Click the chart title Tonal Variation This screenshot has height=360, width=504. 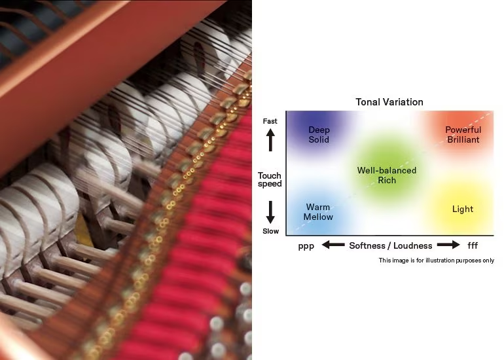[389, 102]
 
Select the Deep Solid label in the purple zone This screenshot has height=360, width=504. [319, 135]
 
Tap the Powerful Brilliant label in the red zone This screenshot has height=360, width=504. [463, 135]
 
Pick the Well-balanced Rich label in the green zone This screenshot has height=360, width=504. [387, 175]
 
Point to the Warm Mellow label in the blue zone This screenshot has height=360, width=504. [318, 212]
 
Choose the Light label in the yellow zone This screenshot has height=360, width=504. [463, 209]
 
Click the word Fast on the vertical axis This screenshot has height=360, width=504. [270, 121]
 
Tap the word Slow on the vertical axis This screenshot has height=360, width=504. [270, 231]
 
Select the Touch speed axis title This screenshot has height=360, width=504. [270, 180]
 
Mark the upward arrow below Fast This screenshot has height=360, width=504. [270, 140]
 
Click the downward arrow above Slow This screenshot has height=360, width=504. [270, 212]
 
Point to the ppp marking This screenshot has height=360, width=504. [306, 246]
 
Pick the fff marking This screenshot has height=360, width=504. [473, 245]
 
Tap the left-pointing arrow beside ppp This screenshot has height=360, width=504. [333, 245]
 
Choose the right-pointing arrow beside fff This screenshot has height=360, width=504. [448, 245]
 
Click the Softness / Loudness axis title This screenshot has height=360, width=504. [391, 245]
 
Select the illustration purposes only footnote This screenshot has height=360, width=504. [436, 261]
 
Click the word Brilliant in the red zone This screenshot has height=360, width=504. [463, 139]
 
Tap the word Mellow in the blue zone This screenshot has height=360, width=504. [318, 217]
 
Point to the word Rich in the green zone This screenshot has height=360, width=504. [387, 180]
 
